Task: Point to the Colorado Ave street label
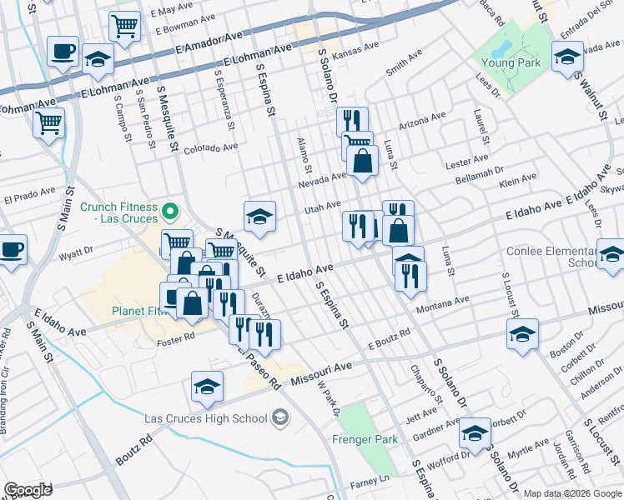(211, 148)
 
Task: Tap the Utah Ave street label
(323, 205)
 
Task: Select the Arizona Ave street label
(422, 122)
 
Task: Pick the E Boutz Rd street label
(389, 337)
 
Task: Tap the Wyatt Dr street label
(76, 249)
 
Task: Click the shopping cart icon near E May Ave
(124, 26)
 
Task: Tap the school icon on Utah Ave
(259, 217)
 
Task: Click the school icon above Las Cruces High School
(207, 386)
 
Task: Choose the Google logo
(28, 490)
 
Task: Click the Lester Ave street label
(467, 159)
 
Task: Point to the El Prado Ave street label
(29, 199)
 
